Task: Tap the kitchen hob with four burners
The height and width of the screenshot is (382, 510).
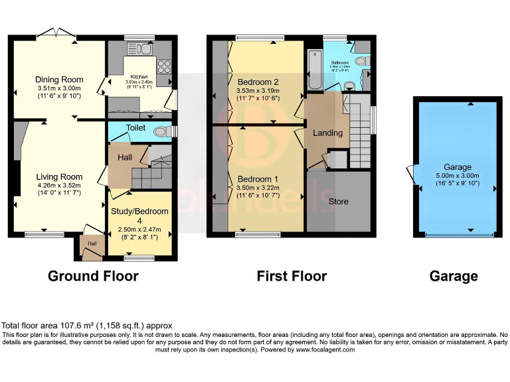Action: [163, 66]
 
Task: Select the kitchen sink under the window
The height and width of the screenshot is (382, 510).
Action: [143, 48]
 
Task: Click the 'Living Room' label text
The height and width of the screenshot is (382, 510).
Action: [59, 176]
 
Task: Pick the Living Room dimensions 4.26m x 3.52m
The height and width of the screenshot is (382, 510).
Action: [58, 186]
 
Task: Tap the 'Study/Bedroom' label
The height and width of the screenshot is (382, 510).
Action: [139, 211]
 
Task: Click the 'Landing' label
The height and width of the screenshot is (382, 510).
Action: [328, 133]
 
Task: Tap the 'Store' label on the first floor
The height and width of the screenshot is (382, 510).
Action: [339, 201]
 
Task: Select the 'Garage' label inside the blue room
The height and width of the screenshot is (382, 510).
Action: [458, 167]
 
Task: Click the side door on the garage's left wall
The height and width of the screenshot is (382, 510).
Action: [414, 175]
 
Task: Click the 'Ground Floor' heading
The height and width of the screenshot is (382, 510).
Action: [93, 276]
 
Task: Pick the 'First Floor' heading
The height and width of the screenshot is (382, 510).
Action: [292, 276]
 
